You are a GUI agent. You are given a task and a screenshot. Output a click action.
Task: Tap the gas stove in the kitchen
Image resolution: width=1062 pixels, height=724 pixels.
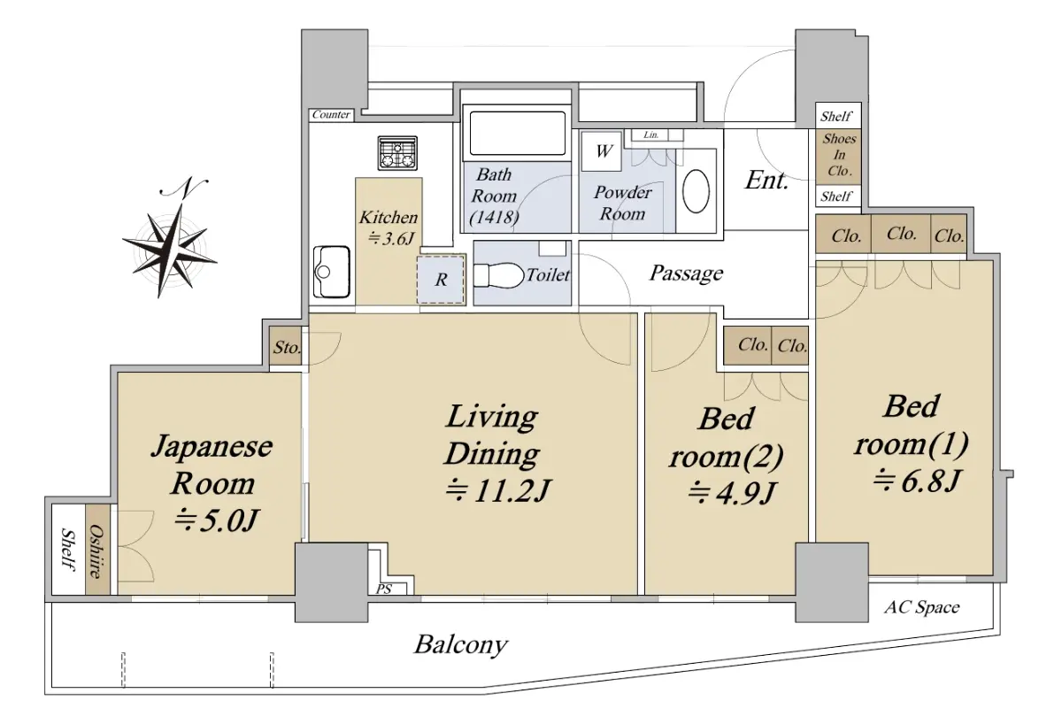[397, 153]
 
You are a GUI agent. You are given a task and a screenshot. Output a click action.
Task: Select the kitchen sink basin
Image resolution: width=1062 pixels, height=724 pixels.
[331, 272]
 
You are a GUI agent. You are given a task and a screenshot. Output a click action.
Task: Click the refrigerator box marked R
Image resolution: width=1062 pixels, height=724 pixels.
[441, 280]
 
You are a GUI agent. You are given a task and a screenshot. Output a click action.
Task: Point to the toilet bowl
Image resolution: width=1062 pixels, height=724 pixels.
[497, 275]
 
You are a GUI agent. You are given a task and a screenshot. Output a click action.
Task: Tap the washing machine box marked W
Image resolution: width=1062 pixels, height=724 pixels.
[602, 151]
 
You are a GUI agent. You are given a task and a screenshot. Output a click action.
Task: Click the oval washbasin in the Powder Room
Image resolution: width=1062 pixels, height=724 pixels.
[696, 191]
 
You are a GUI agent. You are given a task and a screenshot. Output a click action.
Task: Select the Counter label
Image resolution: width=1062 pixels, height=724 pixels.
[331, 114]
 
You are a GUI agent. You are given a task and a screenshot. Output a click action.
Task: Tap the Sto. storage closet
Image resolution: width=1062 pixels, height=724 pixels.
[285, 346]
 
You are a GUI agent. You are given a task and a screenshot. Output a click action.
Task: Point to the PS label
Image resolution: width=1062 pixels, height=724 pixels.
[384, 589]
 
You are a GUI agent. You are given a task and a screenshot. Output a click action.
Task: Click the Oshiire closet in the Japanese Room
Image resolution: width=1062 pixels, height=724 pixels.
[97, 549]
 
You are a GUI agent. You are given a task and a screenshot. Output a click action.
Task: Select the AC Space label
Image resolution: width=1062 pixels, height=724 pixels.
[921, 607]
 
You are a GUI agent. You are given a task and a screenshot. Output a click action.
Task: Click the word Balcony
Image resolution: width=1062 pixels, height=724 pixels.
[461, 645]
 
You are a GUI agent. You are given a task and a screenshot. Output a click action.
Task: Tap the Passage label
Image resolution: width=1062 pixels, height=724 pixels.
[686, 273]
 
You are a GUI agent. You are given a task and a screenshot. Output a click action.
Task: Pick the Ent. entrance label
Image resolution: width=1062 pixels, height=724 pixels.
[766, 181]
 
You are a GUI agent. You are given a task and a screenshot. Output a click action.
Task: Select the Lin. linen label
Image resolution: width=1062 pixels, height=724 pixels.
[651, 135]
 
